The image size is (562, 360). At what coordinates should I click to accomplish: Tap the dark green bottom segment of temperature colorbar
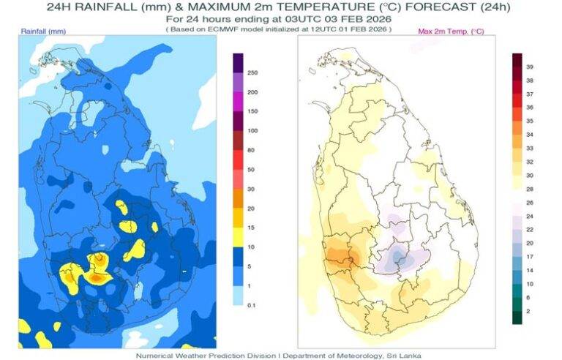tap(517, 316)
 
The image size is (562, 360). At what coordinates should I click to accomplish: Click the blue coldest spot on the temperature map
tap(397, 256)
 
